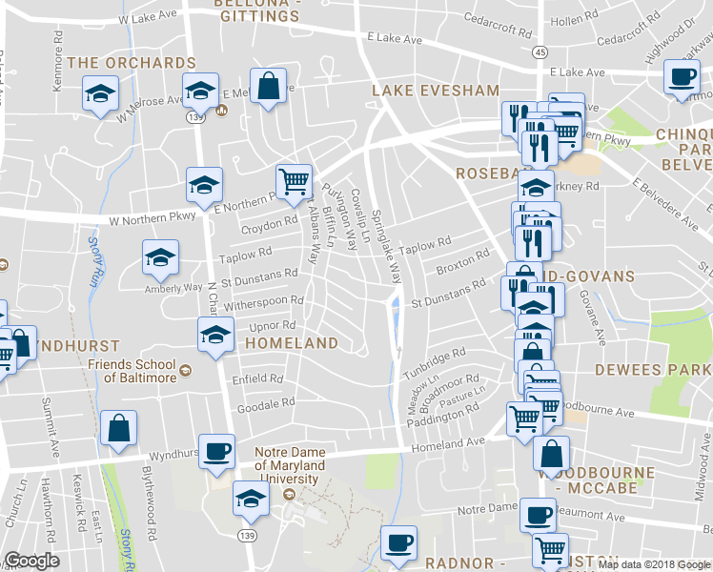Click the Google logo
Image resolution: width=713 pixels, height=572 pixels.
pyautogui.click(x=31, y=561)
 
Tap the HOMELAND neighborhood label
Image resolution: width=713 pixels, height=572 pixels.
pyautogui.click(x=292, y=343)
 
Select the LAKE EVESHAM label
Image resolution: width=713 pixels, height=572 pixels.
pyautogui.click(x=435, y=91)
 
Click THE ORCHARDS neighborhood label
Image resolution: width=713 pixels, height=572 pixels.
pyautogui.click(x=132, y=63)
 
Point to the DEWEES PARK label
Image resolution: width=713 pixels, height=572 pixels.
pyautogui.click(x=653, y=369)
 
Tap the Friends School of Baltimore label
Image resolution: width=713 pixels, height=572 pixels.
pyautogui.click(x=132, y=371)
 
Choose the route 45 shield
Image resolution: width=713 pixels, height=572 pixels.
pyautogui.click(x=540, y=51)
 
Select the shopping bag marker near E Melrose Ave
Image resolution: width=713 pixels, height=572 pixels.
pyautogui.click(x=269, y=86)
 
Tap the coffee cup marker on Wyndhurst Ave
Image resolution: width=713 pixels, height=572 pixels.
pyautogui.click(x=215, y=451)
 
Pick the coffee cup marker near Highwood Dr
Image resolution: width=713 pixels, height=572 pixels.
pyautogui.click(x=682, y=76)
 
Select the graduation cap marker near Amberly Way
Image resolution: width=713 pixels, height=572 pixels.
pyautogui.click(x=160, y=255)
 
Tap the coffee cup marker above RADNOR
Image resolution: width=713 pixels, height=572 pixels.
pyautogui.click(x=398, y=542)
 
